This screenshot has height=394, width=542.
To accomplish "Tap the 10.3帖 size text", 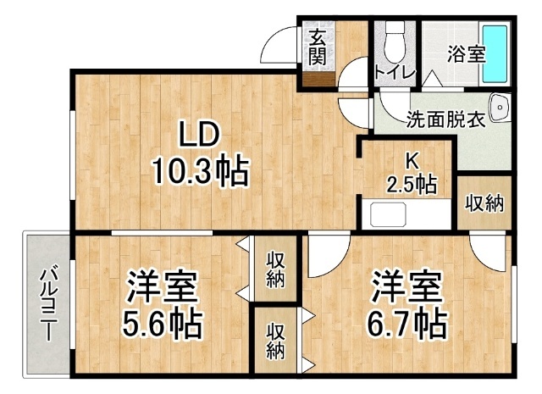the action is coord(201,171).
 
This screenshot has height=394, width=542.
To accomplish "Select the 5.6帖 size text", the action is coord(162,325).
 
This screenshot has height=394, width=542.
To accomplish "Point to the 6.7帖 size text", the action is coord(406,325).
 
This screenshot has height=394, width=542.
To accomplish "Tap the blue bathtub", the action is coord(495,53).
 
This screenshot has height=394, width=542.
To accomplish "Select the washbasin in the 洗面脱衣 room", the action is coord(500,108).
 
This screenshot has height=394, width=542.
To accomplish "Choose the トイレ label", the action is coord(395,73).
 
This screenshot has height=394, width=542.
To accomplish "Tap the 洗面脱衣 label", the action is coord(446,119).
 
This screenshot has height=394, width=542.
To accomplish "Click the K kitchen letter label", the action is coord(412,161).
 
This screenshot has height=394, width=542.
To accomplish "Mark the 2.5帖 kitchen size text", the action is coord(412,184).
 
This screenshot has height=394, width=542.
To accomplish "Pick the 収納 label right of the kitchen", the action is coord(484,203).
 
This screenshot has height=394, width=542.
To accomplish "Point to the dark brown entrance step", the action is coord(318,80).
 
